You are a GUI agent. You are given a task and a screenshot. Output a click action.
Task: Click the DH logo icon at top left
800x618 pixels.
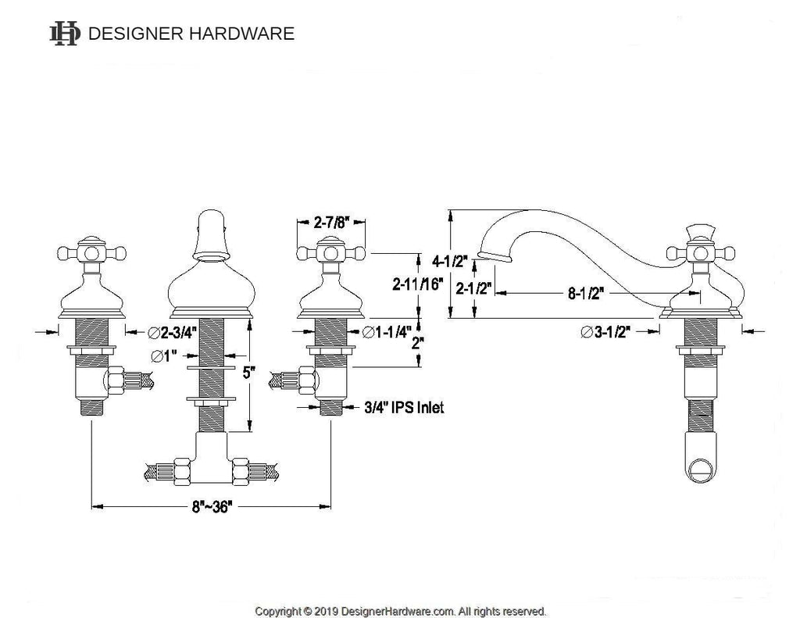pyautogui.click(x=65, y=34)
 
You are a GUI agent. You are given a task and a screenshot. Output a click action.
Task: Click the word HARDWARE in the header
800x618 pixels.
pyautogui.click(x=242, y=34)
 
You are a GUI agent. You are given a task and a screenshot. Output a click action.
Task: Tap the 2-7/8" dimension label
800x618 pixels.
pyautogui.click(x=330, y=223)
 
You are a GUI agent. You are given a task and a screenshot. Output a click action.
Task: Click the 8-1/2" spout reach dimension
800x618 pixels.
pyautogui.click(x=586, y=293)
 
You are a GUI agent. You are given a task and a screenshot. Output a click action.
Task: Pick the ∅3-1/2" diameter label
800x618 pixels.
pyautogui.click(x=605, y=332)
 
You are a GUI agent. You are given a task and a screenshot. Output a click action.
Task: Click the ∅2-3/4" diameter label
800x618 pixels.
pyautogui.click(x=172, y=333)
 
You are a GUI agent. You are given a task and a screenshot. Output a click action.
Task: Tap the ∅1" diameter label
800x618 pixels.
pyautogui.click(x=163, y=355)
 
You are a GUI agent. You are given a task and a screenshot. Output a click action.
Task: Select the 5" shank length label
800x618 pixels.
pyautogui.click(x=248, y=373)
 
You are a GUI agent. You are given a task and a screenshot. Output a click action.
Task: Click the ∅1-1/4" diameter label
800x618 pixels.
pyautogui.click(x=387, y=332)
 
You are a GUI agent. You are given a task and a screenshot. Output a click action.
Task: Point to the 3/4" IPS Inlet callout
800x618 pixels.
pyautogui.click(x=404, y=407)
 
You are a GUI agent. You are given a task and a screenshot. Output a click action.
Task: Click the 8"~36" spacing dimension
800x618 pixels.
pyautogui.click(x=212, y=507)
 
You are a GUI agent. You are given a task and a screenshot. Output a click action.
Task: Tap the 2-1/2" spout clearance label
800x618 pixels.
pyautogui.click(x=473, y=288)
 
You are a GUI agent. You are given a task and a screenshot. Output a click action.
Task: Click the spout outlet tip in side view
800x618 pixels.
pyautogui.click(x=494, y=257)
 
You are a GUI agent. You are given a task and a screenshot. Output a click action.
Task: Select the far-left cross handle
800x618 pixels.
pyautogui.click(x=92, y=252)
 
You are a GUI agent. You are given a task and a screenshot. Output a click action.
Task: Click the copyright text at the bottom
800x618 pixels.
pyautogui.click(x=401, y=611)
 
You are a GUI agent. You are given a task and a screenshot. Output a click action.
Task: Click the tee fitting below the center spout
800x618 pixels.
pyautogui.click(x=212, y=459)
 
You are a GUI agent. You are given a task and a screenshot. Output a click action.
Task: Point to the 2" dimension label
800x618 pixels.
pyautogui.click(x=418, y=343)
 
